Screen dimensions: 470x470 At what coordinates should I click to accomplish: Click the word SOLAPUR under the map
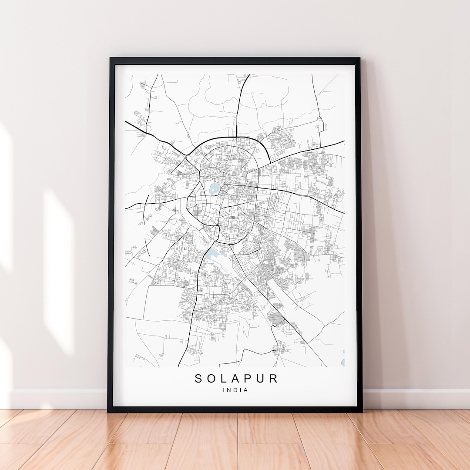[236, 379]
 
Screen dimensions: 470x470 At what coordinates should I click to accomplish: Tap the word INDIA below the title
[235, 390]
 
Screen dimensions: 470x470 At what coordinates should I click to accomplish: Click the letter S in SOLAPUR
[198, 379]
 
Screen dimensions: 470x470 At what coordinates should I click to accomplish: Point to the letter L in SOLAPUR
[223, 379]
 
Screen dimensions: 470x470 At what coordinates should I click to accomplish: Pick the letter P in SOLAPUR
[248, 379]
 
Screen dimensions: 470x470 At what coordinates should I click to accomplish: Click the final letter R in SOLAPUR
[273, 379]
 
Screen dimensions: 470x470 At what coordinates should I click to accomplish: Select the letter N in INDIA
[230, 390]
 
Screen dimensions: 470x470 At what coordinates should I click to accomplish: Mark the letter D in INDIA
[235, 390]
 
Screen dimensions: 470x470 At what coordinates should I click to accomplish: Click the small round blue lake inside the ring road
[214, 188]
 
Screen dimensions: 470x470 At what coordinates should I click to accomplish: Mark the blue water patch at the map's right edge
[343, 363]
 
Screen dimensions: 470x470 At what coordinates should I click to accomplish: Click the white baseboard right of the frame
[413, 398]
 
